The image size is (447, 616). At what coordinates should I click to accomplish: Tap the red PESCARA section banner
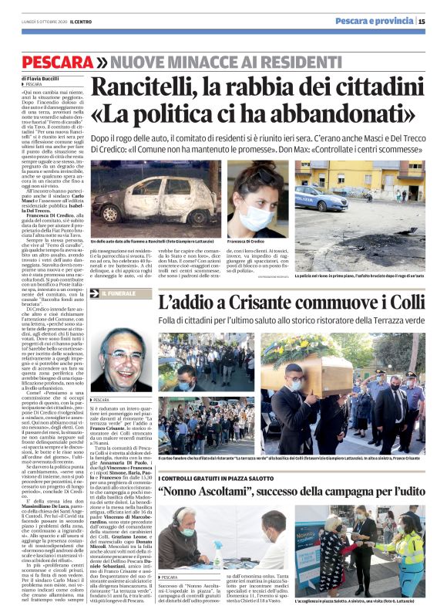coord(57,61)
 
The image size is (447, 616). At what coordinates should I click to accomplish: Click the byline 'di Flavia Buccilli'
coord(43,78)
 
